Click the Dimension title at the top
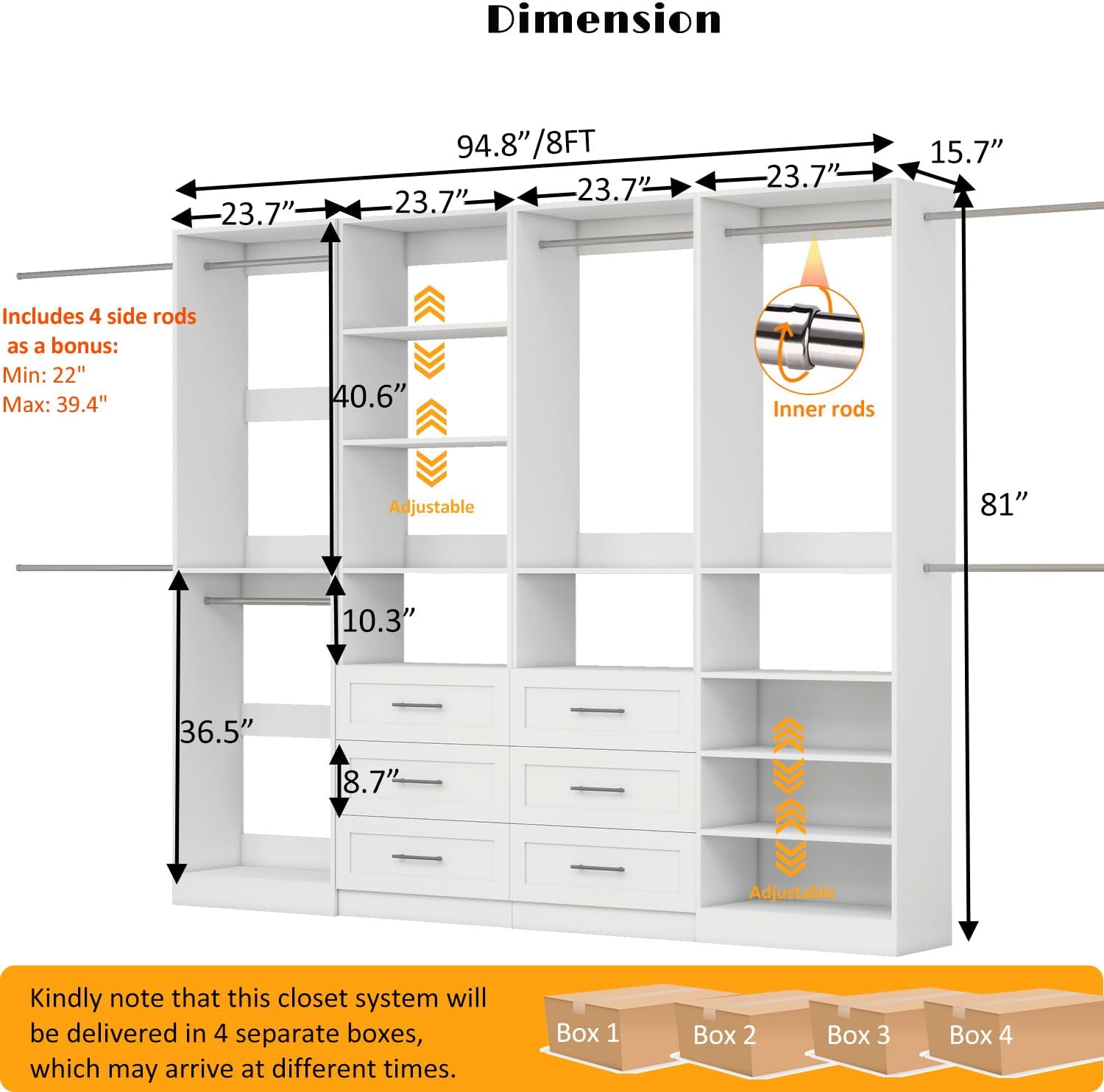coord(604,20)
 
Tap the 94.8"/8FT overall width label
coord(526,143)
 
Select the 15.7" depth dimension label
coord(966,152)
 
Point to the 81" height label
coord(1003,505)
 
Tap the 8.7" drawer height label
coord(370,781)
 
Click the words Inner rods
coord(824,409)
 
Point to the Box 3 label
coord(858,1035)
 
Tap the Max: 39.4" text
coord(55,404)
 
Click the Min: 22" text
coord(44,375)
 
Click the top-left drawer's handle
coord(417,706)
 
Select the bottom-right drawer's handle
coord(597,868)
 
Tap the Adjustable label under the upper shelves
coord(431,506)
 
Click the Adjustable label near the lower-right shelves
coord(792,893)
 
